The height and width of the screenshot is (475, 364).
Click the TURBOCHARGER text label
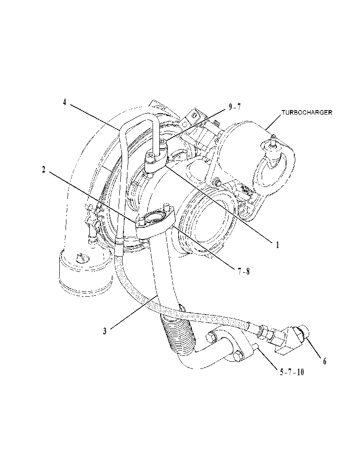[x=307, y=112]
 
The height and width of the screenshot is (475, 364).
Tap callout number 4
[x=65, y=102]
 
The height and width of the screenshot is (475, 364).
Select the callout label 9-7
[x=234, y=107]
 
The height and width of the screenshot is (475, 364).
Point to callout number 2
[x=44, y=170]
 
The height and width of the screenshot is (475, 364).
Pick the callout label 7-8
[x=244, y=271]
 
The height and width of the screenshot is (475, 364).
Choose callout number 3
[x=105, y=331]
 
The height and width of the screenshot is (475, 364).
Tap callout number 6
[x=325, y=361]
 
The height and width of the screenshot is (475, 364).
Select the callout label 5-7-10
[x=292, y=372]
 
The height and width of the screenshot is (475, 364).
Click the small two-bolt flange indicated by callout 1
[x=155, y=161]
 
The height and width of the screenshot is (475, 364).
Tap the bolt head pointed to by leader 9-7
[x=163, y=142]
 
